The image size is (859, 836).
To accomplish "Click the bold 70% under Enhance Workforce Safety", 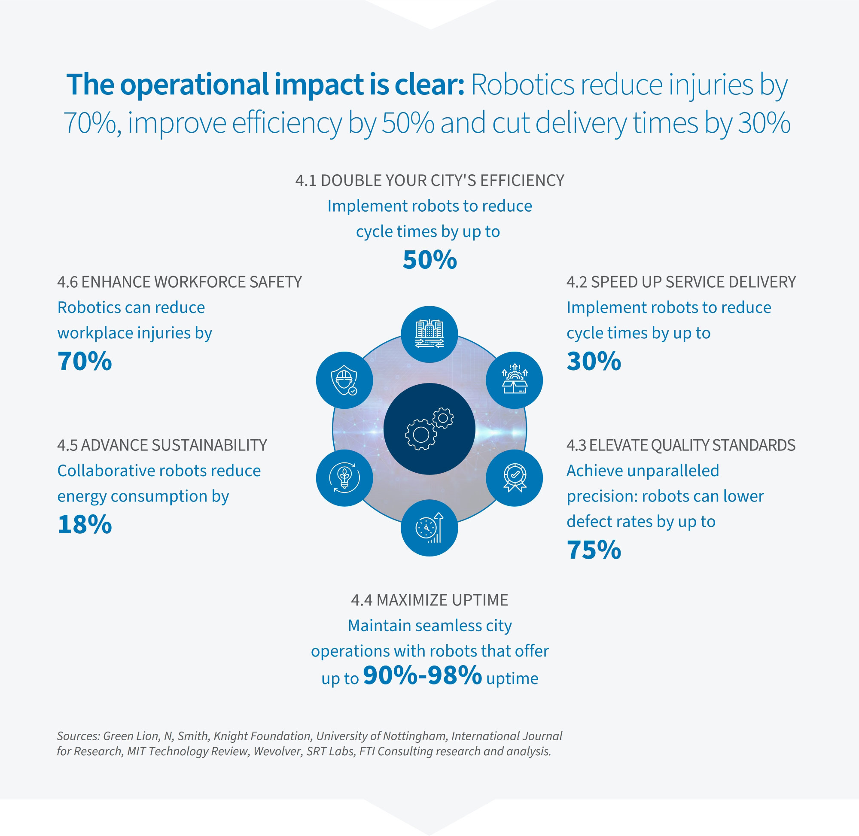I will tap(85, 362).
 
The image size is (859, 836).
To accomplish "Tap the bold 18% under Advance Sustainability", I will tap(85, 525).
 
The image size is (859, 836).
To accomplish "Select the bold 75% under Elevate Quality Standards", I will tap(594, 550).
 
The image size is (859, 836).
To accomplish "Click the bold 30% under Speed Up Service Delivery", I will tap(594, 362).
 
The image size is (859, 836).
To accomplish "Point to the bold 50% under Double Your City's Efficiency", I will tap(429, 260).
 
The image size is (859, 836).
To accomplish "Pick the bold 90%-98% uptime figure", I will tap(423, 676).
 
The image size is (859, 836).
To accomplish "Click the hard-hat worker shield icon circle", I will tap(344, 380).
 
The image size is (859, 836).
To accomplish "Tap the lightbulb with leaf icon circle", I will tap(344, 478).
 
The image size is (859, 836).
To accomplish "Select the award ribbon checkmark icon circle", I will tap(514, 478).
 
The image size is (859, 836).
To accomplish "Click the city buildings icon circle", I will tap(429, 334).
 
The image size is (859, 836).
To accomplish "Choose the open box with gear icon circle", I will tap(514, 380).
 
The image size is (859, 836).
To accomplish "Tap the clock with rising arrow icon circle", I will tap(429, 528).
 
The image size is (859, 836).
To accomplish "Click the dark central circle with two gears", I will tap(429, 429).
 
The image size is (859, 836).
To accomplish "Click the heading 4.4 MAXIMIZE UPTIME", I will tap(429, 600).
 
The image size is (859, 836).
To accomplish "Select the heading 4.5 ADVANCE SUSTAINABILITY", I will tap(162, 445).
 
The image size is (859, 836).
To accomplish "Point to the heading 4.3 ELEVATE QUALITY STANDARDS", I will tap(681, 445).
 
